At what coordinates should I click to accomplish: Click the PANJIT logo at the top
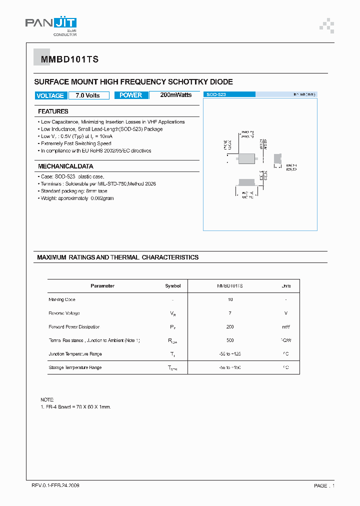click(x=51, y=26)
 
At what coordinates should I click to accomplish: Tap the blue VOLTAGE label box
click(x=50, y=95)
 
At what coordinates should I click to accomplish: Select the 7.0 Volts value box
click(x=88, y=95)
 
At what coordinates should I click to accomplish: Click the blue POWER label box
click(x=131, y=95)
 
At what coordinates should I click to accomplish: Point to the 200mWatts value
click(x=175, y=95)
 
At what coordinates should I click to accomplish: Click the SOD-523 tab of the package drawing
click(x=229, y=94)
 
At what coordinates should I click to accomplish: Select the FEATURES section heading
click(x=53, y=111)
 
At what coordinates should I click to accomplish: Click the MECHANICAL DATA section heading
click(x=65, y=166)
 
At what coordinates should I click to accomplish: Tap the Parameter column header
click(x=102, y=286)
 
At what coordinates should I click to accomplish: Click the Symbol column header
click(x=173, y=286)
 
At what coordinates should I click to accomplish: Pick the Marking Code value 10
click(x=230, y=299)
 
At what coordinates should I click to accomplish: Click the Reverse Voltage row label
click(x=64, y=313)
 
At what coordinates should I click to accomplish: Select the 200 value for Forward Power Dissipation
click(x=230, y=326)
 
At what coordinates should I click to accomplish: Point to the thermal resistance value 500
click(x=230, y=340)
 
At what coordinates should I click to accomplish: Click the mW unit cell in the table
click(x=285, y=326)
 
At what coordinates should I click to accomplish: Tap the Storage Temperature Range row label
click(x=75, y=367)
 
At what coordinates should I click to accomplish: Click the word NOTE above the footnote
click(x=46, y=400)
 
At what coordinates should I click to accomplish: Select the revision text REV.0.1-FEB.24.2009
click(x=55, y=485)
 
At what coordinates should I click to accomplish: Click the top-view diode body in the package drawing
click(x=247, y=158)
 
